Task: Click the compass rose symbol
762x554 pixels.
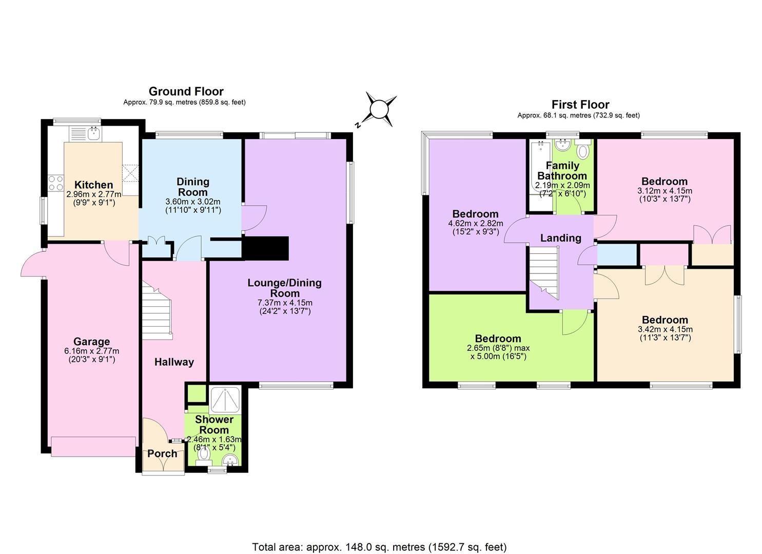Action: coord(378,109)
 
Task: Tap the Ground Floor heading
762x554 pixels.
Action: coord(186,91)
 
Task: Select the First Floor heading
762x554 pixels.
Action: coord(580,105)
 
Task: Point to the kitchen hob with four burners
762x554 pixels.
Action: coord(56,183)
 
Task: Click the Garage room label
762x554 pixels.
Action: coord(91,342)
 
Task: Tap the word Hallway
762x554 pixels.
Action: coord(174,362)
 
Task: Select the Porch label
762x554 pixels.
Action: coord(162,453)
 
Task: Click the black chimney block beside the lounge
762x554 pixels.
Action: coord(265,248)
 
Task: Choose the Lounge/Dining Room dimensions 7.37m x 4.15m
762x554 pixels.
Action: coord(285,303)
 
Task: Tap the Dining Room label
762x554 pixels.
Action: coord(193,187)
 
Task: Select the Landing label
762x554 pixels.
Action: coord(561,238)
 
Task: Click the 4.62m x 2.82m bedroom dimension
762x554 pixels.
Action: coord(476,224)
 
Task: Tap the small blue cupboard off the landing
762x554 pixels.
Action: coord(617,254)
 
